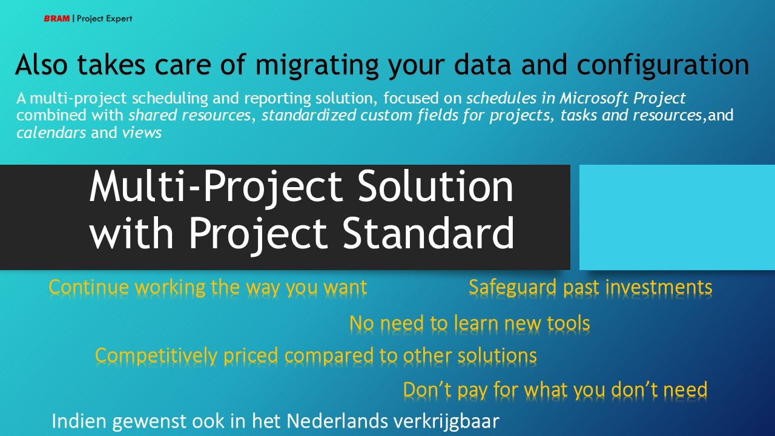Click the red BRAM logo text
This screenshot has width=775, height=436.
pos(57,18)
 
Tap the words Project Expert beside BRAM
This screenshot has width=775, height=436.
pos(105,19)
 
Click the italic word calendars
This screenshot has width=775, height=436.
pos(51,133)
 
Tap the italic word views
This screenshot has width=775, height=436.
pos(142,133)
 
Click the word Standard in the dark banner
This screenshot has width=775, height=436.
pos(428,233)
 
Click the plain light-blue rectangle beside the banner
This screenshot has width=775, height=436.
pos(677,217)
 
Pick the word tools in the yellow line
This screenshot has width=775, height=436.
pos(569,323)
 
